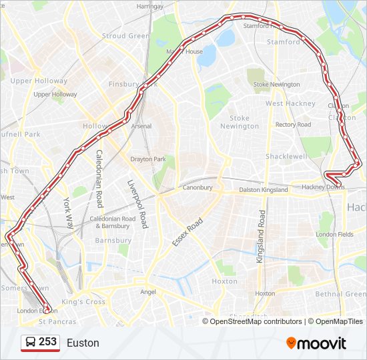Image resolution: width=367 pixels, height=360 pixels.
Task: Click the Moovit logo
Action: pos(316,343)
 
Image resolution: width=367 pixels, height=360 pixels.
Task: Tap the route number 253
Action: pos(47,342)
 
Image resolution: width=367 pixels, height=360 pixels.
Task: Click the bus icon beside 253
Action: pos(30,343)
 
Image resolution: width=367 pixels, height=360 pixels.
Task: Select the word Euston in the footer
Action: pos(83,343)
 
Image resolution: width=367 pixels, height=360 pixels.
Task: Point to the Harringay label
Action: pos(149,6)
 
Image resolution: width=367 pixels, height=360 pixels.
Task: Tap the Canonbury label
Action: pos(198,188)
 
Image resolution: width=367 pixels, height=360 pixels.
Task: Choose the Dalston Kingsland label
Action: pos(264,190)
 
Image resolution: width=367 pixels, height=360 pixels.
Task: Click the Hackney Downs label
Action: pos(324,187)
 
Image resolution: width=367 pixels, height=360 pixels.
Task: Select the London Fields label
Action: pos(335,235)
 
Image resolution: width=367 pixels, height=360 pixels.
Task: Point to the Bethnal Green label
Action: pos(340,294)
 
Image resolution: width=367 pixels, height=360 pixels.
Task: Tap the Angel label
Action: pos(147,292)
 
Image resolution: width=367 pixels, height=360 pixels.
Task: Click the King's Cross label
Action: pos(83,302)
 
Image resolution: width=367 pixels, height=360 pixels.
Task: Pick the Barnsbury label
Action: pos(113,241)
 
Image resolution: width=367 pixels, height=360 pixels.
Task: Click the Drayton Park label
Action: pos(147,159)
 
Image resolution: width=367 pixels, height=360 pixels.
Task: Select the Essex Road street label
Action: pos(187,231)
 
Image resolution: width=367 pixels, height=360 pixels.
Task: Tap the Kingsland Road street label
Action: pos(262,236)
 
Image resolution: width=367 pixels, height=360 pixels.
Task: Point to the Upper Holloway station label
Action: pos(55,95)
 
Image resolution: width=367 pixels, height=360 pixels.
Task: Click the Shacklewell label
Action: pos(286,156)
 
